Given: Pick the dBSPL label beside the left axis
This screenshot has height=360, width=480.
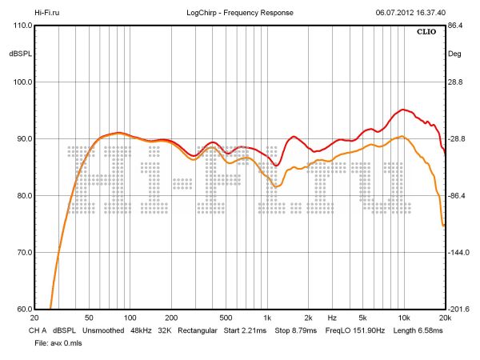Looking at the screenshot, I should click(x=19, y=54).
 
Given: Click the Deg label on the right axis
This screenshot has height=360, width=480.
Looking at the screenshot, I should click(x=455, y=54).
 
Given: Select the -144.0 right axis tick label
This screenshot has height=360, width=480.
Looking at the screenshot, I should click(x=458, y=253).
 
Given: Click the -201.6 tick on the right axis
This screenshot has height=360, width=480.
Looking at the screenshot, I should click(x=458, y=310).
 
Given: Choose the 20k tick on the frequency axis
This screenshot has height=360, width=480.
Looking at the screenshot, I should click(x=445, y=318).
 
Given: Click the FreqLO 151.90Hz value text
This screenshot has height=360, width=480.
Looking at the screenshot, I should click(x=355, y=330).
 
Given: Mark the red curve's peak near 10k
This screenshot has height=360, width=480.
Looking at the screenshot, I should click(x=404, y=110).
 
